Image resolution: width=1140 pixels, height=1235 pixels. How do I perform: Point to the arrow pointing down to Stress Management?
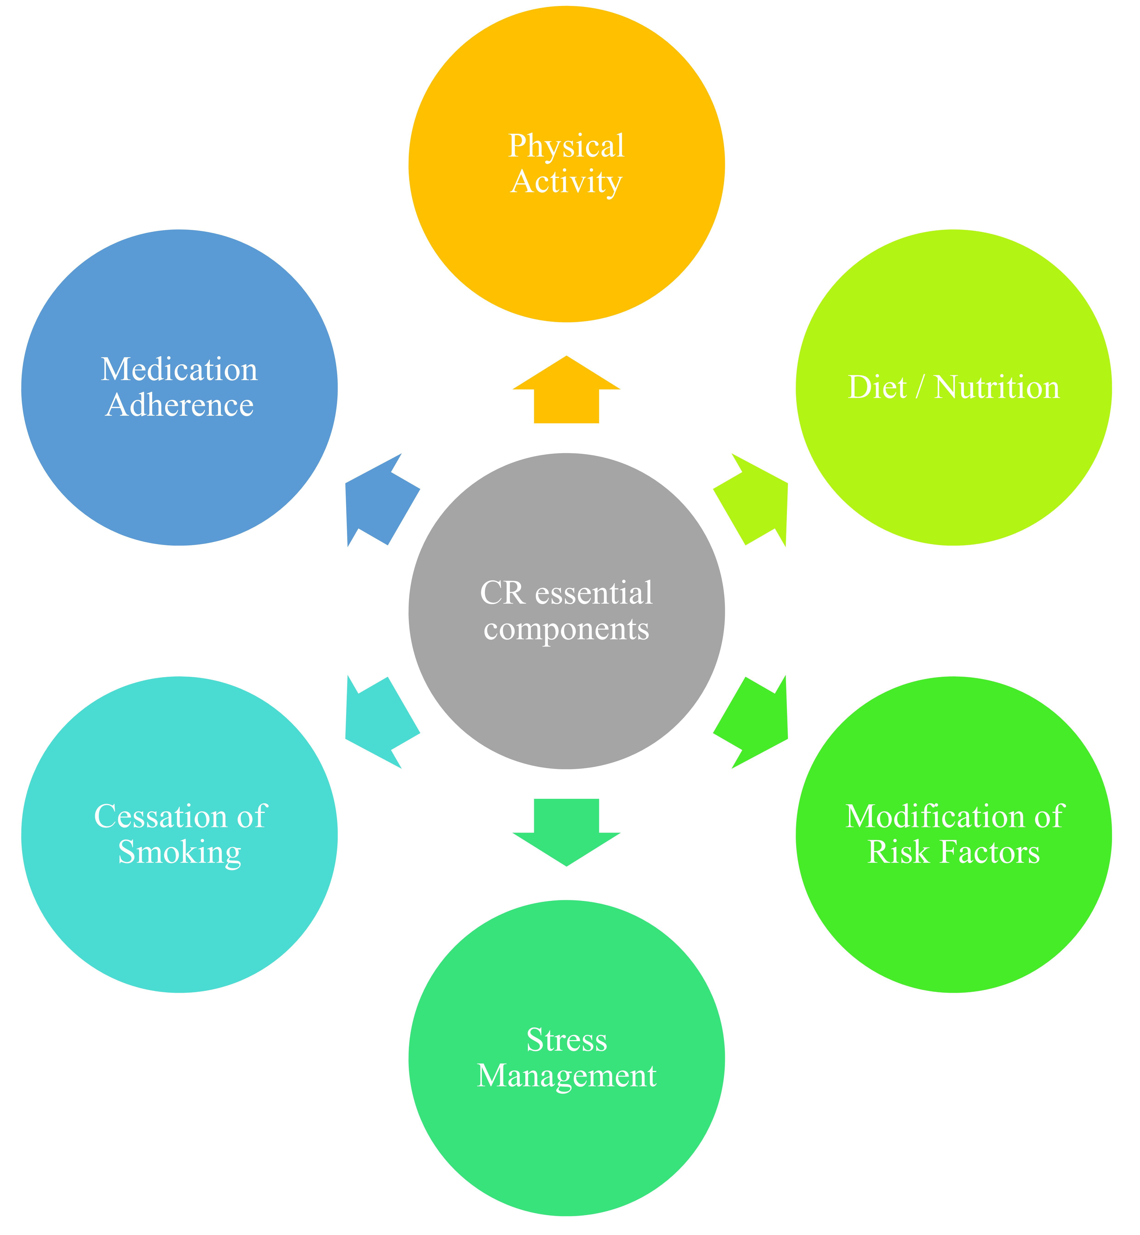(x=566, y=833)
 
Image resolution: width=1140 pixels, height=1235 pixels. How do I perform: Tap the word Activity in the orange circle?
(x=566, y=183)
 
